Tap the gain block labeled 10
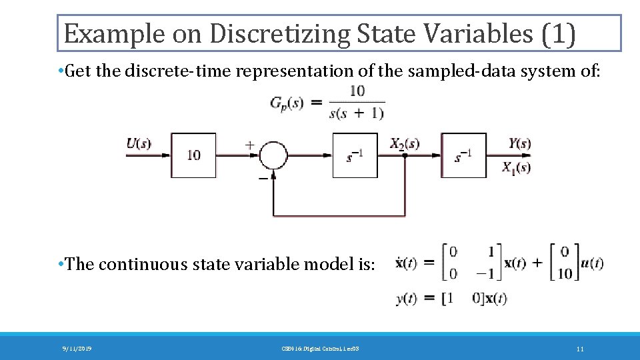pos(193,155)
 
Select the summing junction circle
pos(273,155)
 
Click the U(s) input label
pos(139,143)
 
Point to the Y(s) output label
pos(519,143)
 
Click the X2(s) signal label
pos(405,143)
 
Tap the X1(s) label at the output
pos(517,167)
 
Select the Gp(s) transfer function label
pos(287,103)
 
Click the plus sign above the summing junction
pos(250,143)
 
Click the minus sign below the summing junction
pos(263,178)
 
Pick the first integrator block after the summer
pos(355,155)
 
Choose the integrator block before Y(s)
pos(463,155)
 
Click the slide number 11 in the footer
pos(580,349)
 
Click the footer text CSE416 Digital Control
pos(319,349)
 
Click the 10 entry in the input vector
pos(565,273)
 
